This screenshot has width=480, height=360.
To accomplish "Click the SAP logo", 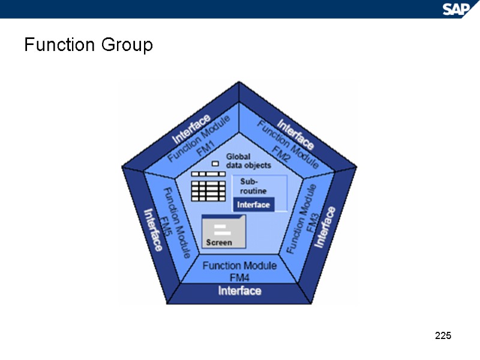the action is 458,8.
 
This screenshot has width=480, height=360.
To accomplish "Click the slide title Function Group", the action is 88,45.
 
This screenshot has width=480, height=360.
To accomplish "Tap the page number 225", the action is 443,335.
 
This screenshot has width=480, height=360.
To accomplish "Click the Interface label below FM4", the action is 239,291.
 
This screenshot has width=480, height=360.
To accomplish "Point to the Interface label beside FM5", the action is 152,229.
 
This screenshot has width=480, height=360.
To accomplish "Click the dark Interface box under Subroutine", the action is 254,205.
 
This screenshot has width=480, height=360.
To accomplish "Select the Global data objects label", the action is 248,161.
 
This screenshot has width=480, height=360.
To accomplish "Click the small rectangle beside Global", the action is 215,163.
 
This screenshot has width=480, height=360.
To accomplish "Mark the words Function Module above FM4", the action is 239,265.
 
